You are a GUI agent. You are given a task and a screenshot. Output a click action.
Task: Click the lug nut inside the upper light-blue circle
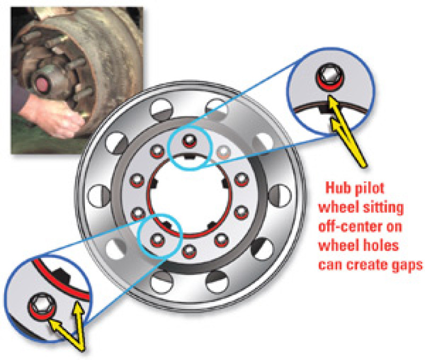(x=188, y=141)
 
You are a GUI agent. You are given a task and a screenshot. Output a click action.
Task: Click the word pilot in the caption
(x=367, y=189)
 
